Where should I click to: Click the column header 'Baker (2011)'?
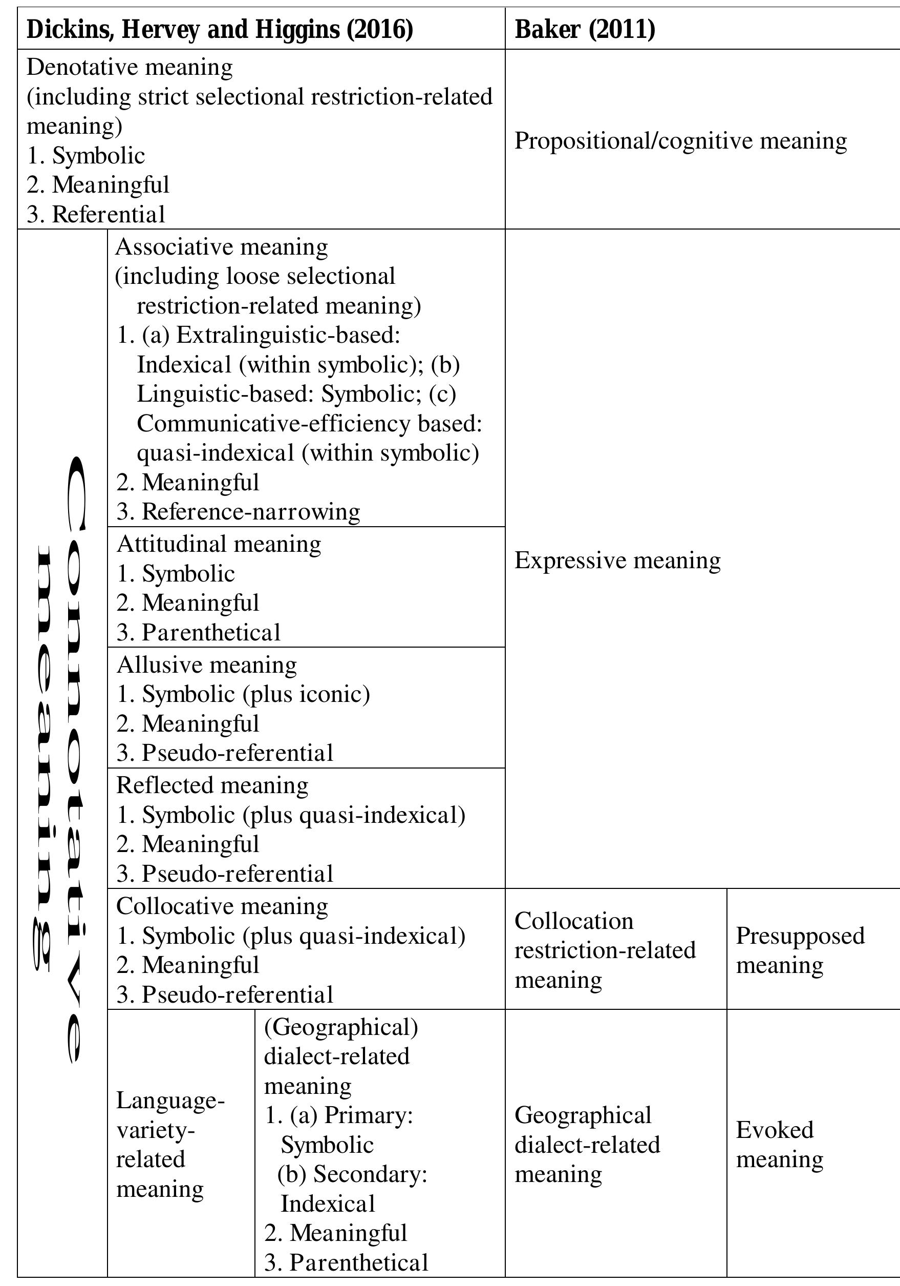coord(584,29)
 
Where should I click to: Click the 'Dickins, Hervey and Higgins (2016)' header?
coord(220,29)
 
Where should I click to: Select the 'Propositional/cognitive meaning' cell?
coord(680,140)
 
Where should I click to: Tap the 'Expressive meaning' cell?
coord(617,560)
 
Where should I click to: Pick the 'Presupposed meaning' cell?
coord(800,950)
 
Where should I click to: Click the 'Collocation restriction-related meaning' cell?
coord(605,950)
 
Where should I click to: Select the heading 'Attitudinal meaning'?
coord(219,544)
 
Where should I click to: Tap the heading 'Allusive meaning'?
coord(206,665)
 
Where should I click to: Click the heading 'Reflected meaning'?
coord(212,785)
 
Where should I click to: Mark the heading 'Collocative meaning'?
coord(222,906)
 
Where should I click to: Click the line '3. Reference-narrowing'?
coord(239,511)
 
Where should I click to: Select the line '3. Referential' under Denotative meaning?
coord(96,214)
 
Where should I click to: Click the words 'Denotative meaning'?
coord(130,67)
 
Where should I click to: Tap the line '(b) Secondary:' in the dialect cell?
coord(353,1174)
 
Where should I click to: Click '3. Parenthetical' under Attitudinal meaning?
coord(198,632)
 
